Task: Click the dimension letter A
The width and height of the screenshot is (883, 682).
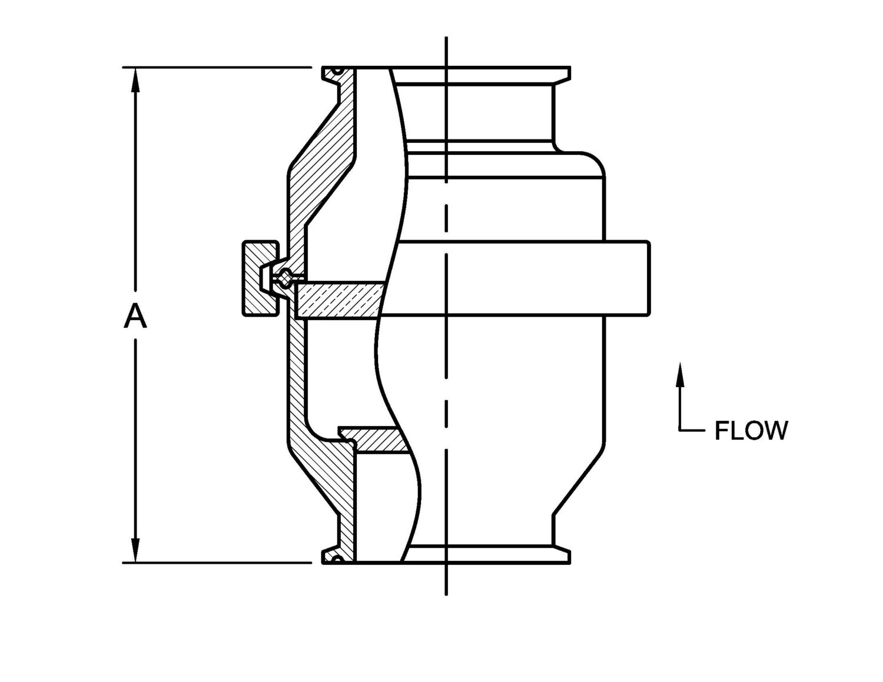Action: pos(135,318)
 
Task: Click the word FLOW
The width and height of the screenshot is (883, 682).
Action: pos(751,431)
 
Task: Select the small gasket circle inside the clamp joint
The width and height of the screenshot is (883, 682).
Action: pos(286,277)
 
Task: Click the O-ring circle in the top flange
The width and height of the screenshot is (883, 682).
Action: pos(337,72)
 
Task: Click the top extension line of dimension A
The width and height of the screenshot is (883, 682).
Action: pos(218,68)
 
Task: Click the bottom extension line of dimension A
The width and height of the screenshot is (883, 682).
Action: pos(218,563)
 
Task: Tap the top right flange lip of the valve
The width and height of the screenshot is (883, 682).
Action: pos(562,73)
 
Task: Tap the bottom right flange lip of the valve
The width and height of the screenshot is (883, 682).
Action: pos(562,556)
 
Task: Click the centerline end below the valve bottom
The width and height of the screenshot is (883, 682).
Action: pos(446,591)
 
